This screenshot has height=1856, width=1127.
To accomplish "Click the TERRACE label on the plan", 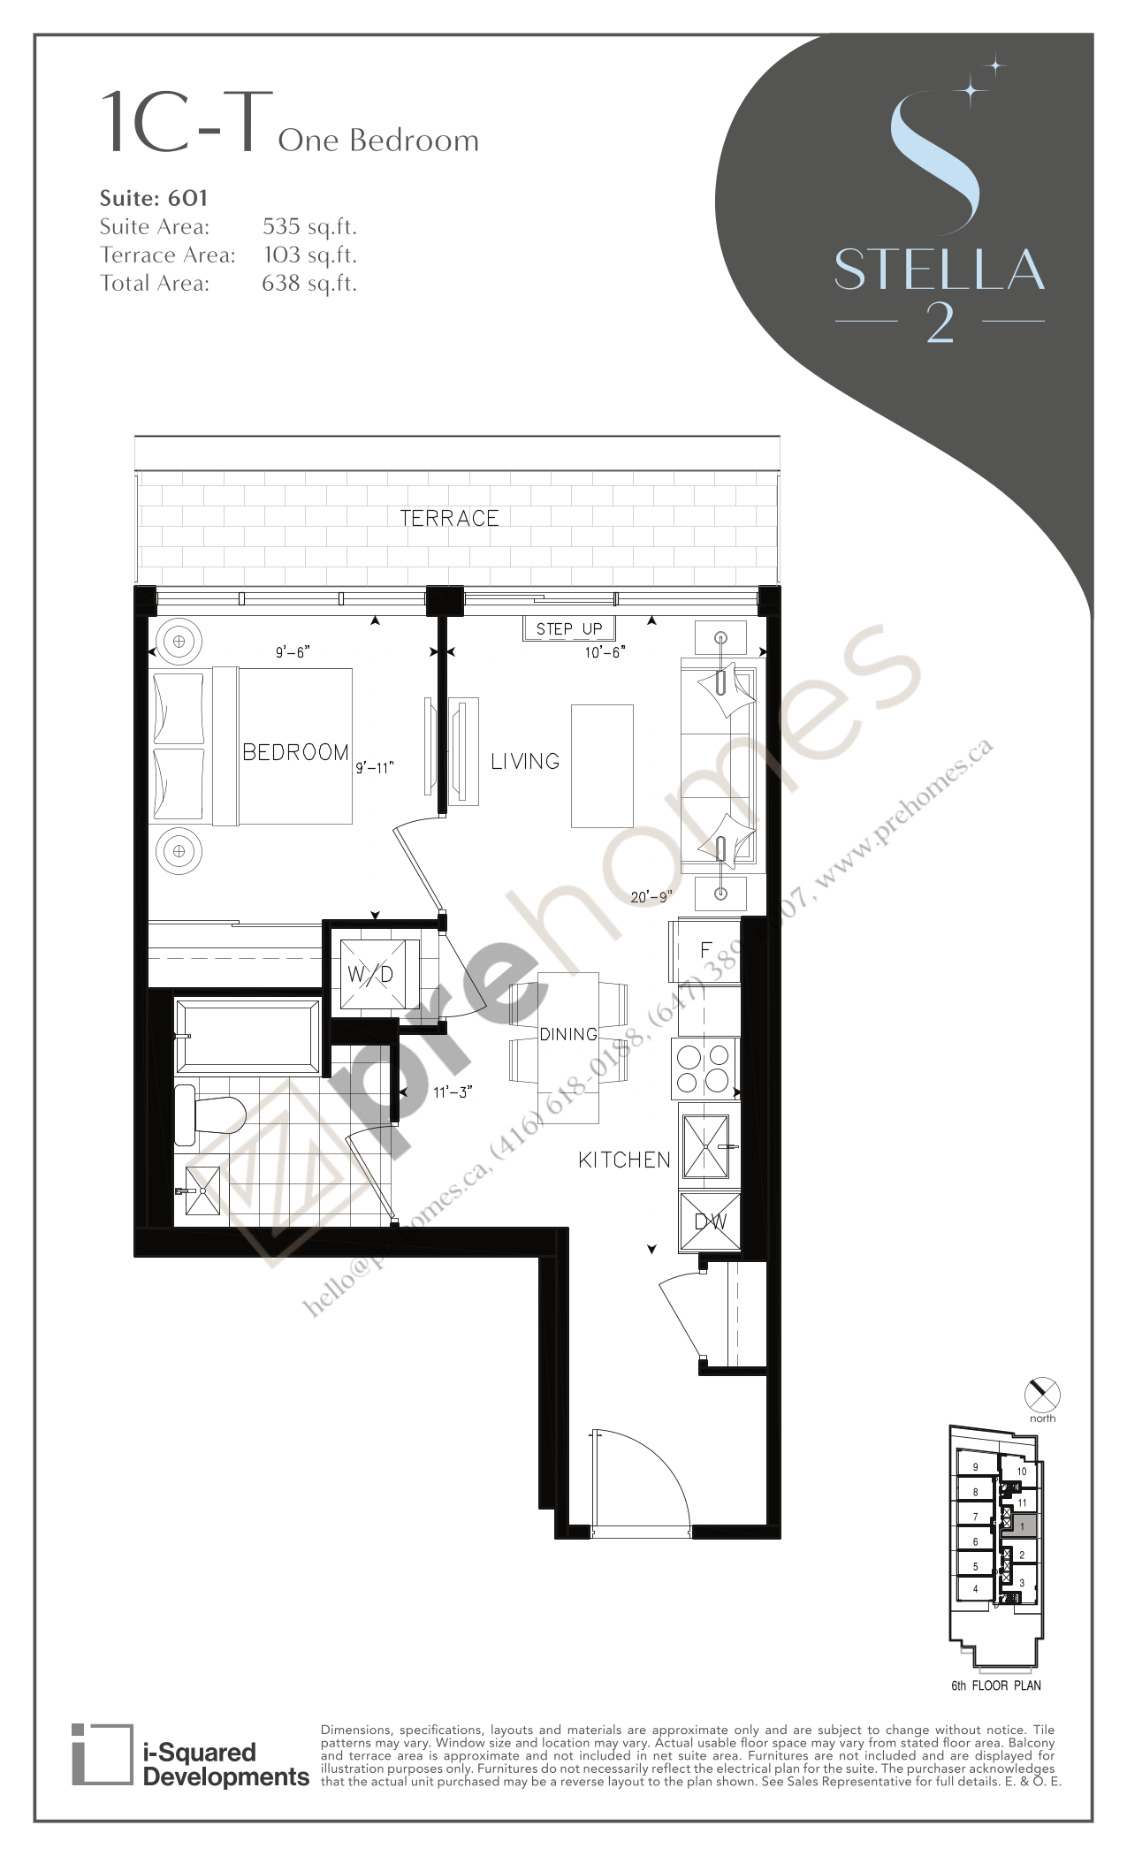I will [x=449, y=518].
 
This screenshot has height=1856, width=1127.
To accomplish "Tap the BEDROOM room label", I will [x=295, y=752].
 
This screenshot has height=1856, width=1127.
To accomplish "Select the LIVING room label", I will [x=525, y=761].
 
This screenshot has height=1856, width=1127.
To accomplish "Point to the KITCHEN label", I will [x=624, y=1160].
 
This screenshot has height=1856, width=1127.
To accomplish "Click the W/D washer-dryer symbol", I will [x=371, y=975].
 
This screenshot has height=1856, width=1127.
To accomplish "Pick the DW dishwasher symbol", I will [x=710, y=1221].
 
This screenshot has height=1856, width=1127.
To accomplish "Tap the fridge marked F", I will [x=705, y=951].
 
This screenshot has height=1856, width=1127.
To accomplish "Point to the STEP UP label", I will [x=568, y=629].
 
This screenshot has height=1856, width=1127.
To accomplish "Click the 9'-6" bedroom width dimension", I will [x=293, y=652].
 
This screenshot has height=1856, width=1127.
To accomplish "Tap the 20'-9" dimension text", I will [x=651, y=896].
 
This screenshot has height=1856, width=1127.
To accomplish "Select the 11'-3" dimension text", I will [x=453, y=1092].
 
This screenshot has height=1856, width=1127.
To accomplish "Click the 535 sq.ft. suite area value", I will [x=309, y=227].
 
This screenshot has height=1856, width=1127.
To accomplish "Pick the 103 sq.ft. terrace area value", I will [x=309, y=255].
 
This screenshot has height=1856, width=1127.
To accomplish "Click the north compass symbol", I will [x=1042, y=1395].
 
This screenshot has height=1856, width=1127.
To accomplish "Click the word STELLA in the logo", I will [x=939, y=270].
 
